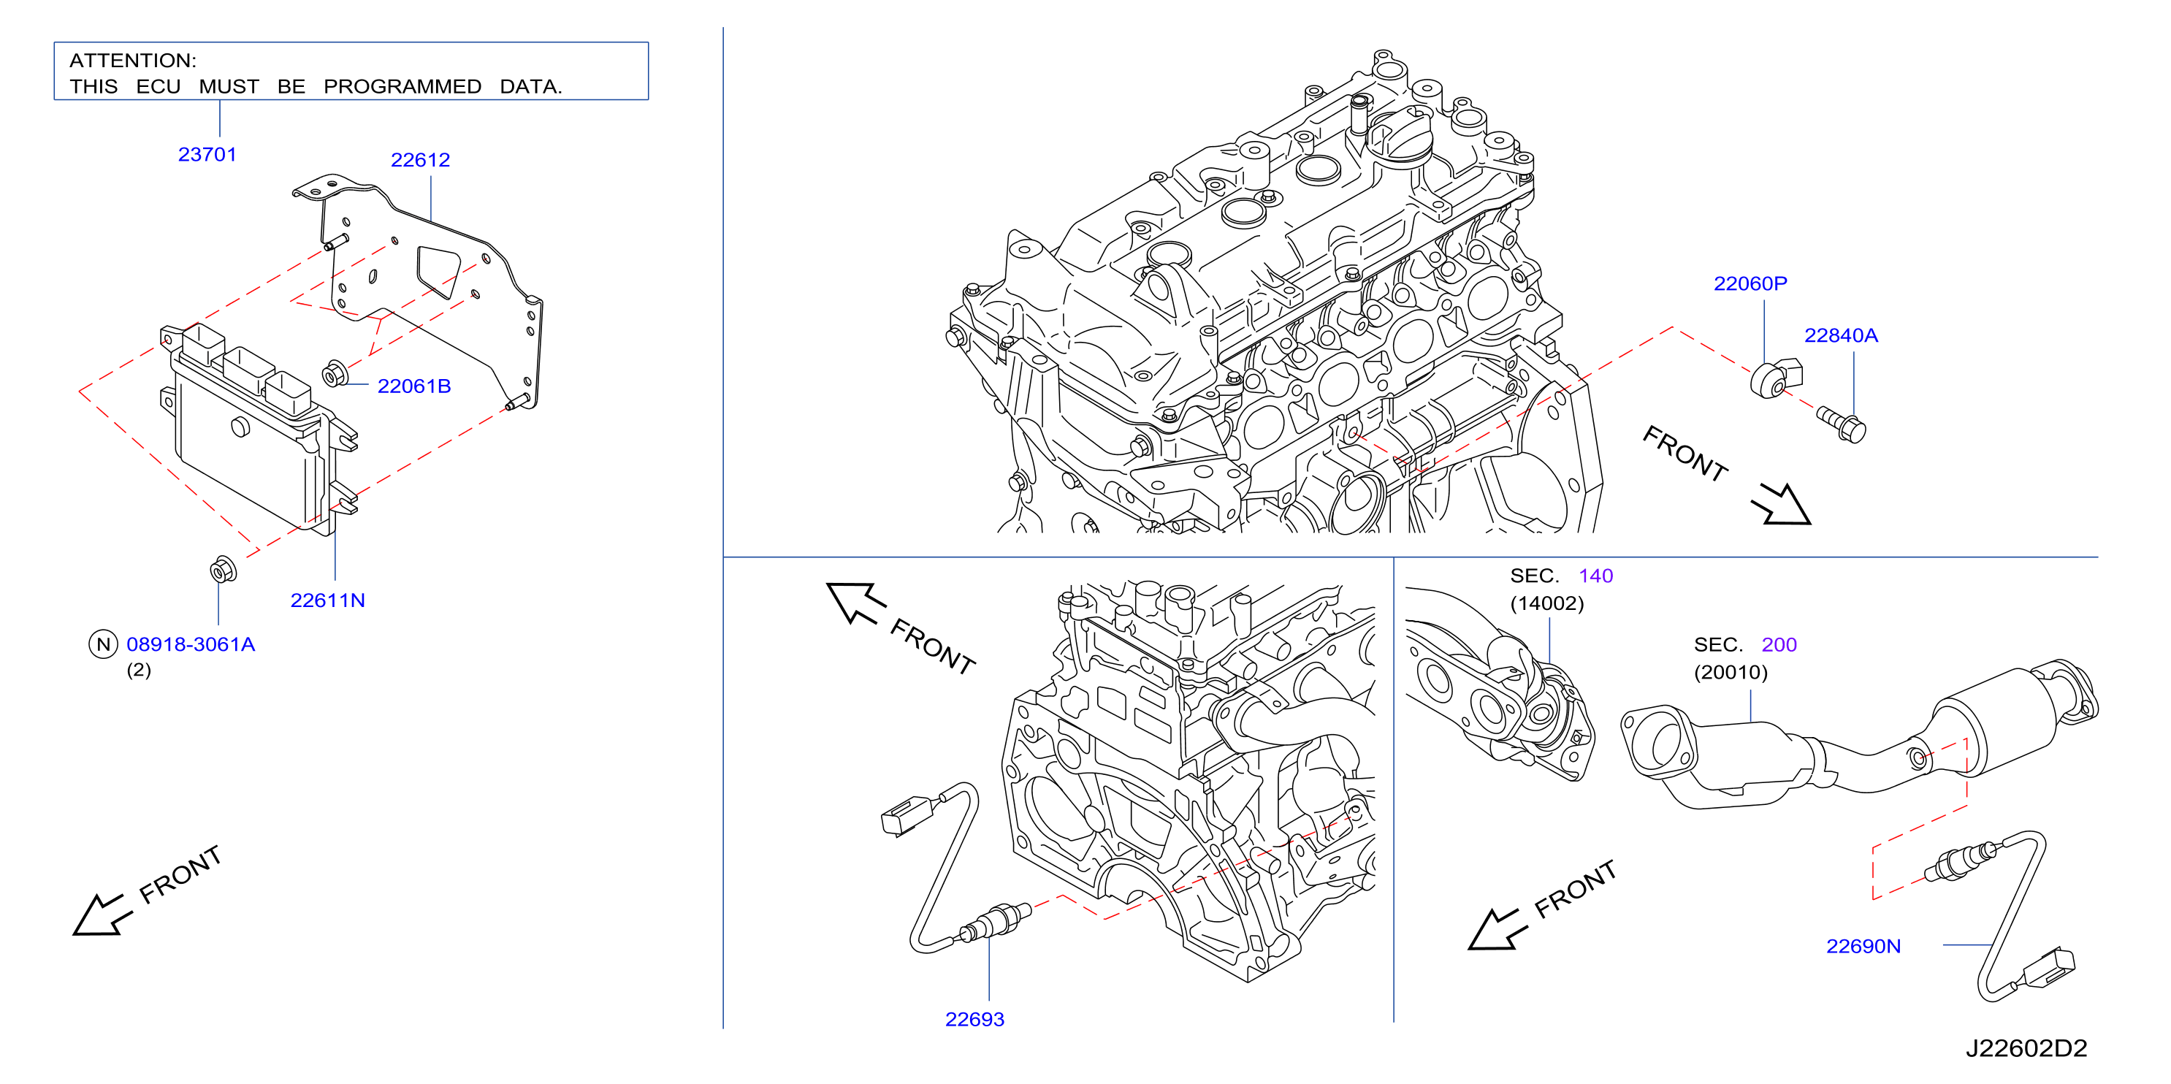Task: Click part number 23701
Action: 207,154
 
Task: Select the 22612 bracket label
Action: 421,160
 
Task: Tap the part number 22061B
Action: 413,386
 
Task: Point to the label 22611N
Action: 328,600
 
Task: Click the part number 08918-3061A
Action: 191,644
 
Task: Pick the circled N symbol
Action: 103,645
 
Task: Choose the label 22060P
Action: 1750,283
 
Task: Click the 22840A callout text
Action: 1842,335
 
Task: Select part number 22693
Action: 975,1019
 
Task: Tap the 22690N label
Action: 1863,946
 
